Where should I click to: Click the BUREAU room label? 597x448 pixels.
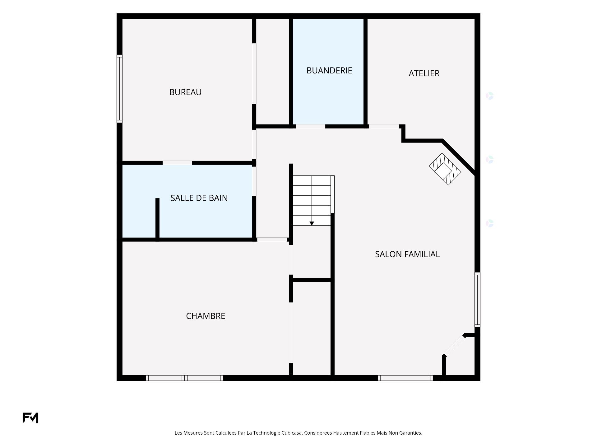[x=185, y=92]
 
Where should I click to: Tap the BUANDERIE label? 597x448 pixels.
[x=329, y=71]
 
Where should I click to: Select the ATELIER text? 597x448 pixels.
[x=424, y=73]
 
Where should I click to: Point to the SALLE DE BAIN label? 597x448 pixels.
[x=199, y=198]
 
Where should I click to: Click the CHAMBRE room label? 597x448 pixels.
[x=206, y=316]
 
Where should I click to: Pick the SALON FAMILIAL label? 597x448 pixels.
[x=407, y=254]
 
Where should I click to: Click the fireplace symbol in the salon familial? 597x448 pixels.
[x=445, y=169]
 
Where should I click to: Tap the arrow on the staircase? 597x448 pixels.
[x=312, y=223]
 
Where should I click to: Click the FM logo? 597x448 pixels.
[x=30, y=418]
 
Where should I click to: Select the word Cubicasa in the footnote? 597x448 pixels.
[x=292, y=433]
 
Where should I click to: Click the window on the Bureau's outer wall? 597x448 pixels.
[x=119, y=88]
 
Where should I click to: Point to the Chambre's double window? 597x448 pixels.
[x=185, y=378]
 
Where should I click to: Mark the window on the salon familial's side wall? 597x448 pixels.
[x=477, y=300]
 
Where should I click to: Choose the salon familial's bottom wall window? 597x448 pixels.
[x=405, y=378]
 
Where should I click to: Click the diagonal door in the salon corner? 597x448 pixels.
[x=454, y=346]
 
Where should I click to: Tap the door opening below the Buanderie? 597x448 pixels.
[x=310, y=126]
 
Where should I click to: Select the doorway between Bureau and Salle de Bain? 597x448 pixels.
[x=177, y=163]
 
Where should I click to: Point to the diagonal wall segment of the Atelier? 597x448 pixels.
[x=459, y=157]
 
